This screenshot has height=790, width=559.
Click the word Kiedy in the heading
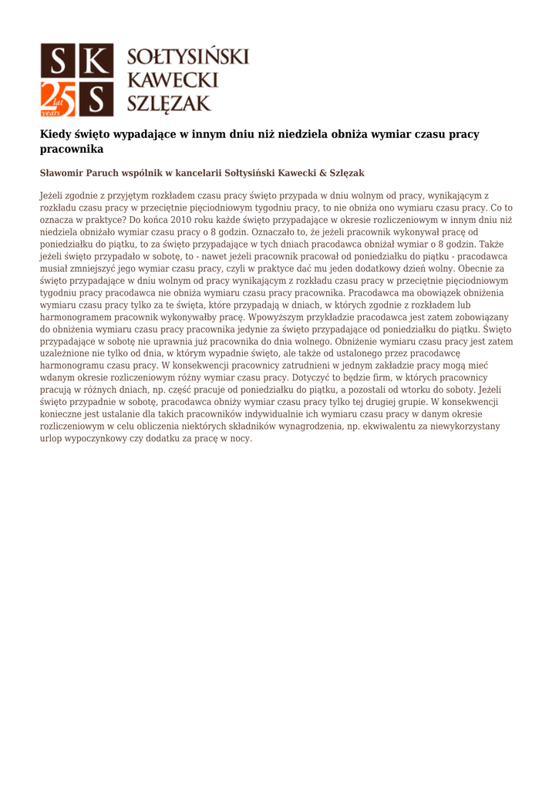56,134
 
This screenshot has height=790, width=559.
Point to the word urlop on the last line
52,437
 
